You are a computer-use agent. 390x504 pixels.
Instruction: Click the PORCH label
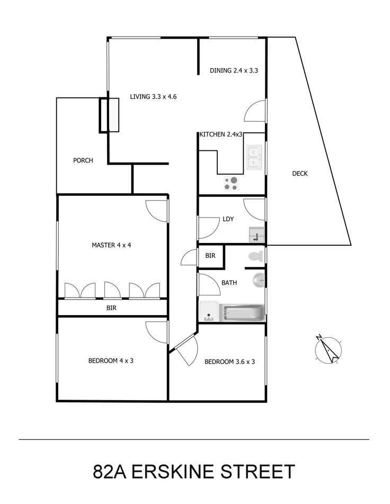pyautogui.click(x=83, y=160)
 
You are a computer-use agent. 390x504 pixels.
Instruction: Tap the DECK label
pyautogui.click(x=300, y=174)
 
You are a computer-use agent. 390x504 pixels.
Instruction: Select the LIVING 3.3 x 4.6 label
pyautogui.click(x=153, y=96)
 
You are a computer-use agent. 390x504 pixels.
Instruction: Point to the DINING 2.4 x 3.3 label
pyautogui.click(x=234, y=70)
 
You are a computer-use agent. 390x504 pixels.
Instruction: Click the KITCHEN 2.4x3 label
pyautogui.click(x=221, y=134)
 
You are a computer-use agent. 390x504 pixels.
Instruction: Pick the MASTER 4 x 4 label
pyautogui.click(x=111, y=245)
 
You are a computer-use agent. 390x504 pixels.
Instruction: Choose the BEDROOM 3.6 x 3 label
pyautogui.click(x=230, y=362)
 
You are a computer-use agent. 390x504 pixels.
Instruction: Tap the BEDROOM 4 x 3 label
pyautogui.click(x=111, y=361)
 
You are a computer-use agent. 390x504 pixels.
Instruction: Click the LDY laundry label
pyautogui.click(x=228, y=219)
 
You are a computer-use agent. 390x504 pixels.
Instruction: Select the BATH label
pyautogui.click(x=229, y=283)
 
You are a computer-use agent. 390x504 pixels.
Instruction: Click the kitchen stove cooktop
pyautogui.click(x=232, y=184)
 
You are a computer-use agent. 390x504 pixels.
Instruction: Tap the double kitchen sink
pyautogui.click(x=254, y=157)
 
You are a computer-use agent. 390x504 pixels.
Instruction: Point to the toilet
pyautogui.click(x=256, y=256)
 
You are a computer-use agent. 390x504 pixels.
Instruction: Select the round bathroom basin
pyautogui.click(x=259, y=280)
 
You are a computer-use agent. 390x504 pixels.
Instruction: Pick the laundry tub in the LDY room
pyautogui.click(x=256, y=235)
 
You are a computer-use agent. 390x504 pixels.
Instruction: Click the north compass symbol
pyautogui.click(x=328, y=349)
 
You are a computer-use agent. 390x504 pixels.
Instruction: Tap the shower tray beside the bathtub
pyautogui.click(x=209, y=311)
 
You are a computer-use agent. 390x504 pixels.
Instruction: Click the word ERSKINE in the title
pyautogui.click(x=176, y=472)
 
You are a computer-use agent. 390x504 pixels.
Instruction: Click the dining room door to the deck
pyautogui.click(x=255, y=111)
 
